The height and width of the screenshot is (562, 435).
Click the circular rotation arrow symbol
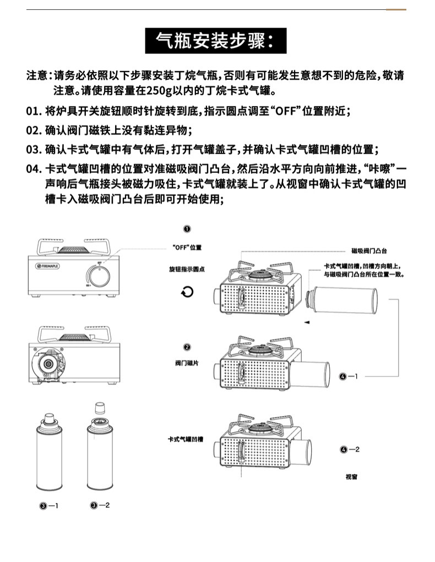pos(188,291)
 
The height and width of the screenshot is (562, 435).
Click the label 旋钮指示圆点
pos(187,269)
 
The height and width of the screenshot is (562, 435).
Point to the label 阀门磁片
pos(187,363)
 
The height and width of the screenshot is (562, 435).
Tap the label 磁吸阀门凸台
pos(373,250)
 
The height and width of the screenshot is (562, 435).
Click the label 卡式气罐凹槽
pos(186,439)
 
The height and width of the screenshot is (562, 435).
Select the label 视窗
pos(351,477)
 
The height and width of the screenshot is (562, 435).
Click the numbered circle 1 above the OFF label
pos(187,229)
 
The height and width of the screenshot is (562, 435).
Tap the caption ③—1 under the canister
pos(48,505)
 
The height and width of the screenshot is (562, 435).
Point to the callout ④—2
pos(350,450)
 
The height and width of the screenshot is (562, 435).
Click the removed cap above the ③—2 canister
pos(99,408)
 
